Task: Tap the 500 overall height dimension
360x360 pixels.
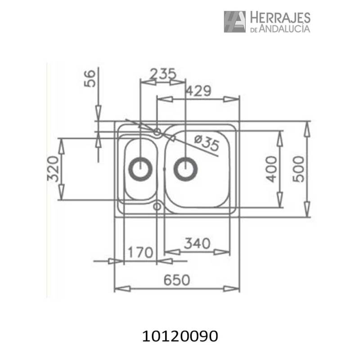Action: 299,169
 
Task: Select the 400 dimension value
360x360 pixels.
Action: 270,169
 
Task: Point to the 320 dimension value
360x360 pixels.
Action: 54,169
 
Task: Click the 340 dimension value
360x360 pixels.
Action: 197,243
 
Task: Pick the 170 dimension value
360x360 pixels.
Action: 139,252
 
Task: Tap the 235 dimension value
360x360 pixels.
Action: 162,74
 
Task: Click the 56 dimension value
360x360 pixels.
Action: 90,79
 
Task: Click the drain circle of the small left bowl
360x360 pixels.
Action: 140,169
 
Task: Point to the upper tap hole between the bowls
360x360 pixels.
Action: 157,132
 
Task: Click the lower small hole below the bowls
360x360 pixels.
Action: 157,206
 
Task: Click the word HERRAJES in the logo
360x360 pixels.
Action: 279,18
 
